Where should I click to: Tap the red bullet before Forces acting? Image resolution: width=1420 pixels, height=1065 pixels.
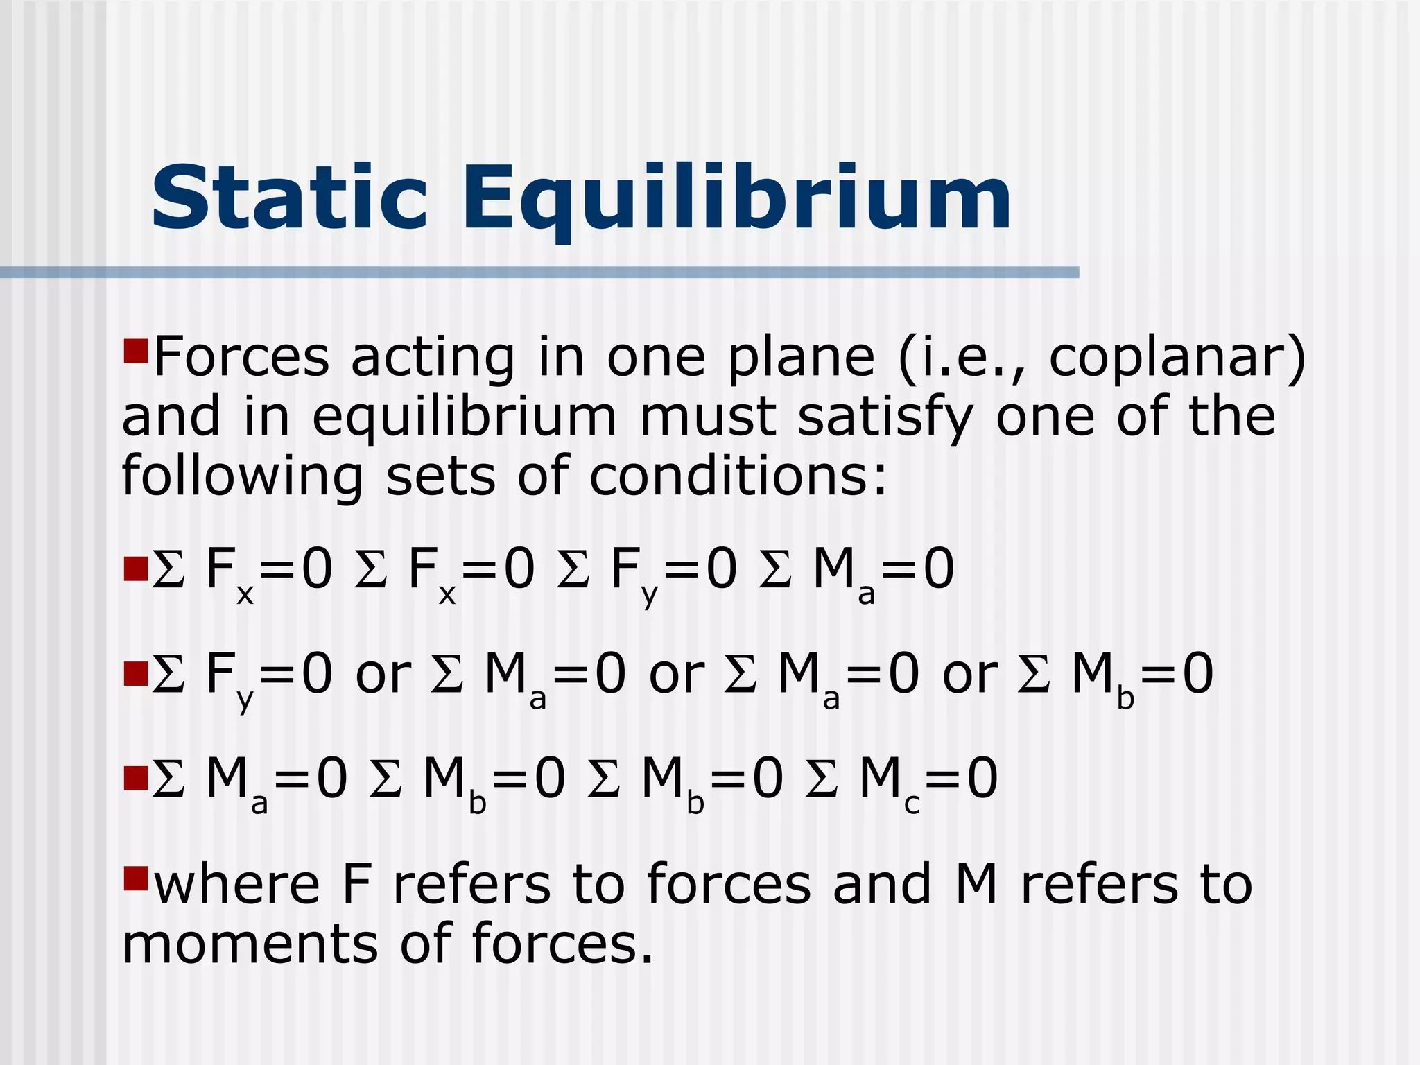[x=136, y=351]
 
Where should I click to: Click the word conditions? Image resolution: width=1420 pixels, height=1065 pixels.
[x=738, y=477]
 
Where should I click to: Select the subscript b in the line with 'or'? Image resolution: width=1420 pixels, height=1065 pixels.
[x=1125, y=699]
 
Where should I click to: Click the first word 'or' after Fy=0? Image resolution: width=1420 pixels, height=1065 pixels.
[x=383, y=674]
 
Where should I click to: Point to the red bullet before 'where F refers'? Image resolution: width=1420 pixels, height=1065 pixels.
[x=136, y=878]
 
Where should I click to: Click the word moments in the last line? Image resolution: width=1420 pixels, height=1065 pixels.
[x=250, y=944]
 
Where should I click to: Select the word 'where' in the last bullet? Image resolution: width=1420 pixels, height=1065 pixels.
[x=236, y=885]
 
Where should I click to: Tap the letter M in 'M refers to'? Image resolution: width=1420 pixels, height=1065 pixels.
[x=976, y=885]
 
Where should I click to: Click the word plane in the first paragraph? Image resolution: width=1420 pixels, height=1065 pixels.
[x=801, y=358]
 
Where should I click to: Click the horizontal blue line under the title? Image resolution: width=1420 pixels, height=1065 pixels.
[x=539, y=272]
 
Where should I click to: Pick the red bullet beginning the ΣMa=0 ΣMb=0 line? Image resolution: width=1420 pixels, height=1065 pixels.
[x=136, y=778]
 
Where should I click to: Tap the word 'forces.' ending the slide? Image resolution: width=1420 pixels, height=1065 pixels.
[x=562, y=944]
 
